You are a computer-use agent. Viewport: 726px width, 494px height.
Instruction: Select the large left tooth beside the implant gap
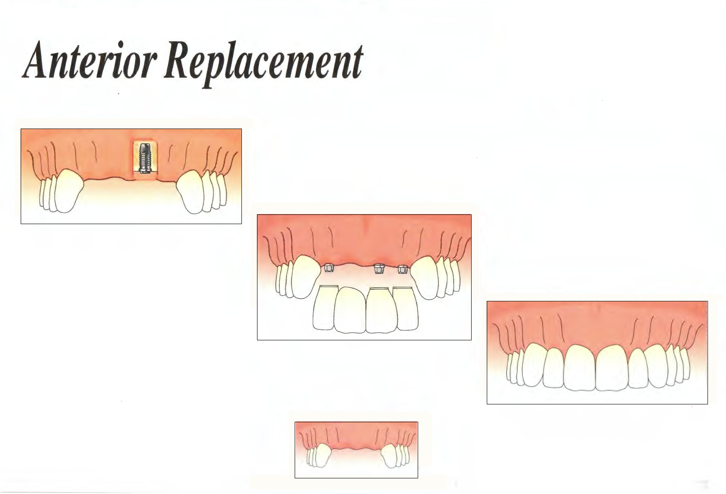[69, 191]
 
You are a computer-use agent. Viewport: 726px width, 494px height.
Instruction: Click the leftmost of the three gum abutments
[328, 268]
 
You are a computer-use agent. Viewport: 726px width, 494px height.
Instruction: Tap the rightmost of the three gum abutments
[402, 269]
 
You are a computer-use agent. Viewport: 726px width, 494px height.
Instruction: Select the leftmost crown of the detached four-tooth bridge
[325, 308]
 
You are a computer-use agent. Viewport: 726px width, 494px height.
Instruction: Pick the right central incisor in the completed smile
[612, 367]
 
